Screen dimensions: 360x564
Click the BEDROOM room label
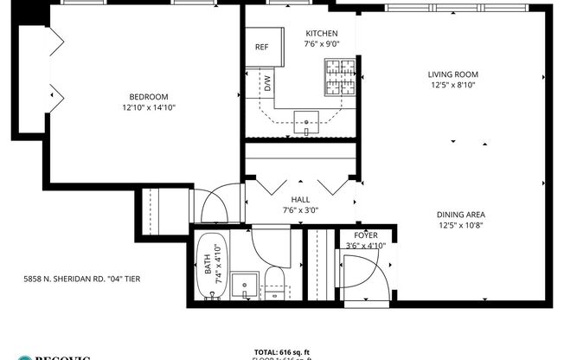click(148, 96)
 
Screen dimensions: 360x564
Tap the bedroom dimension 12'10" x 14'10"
click(148, 107)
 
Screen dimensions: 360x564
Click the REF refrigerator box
click(261, 48)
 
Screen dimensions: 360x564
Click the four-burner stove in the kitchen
click(340, 76)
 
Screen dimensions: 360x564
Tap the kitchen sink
click(306, 122)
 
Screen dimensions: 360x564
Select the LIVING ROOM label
click(453, 74)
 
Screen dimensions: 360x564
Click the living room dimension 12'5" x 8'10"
click(453, 85)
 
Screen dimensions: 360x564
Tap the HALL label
click(300, 199)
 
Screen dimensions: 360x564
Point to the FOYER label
click(365, 235)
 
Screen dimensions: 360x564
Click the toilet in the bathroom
click(275, 282)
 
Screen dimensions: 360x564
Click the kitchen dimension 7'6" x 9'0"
click(320, 43)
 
